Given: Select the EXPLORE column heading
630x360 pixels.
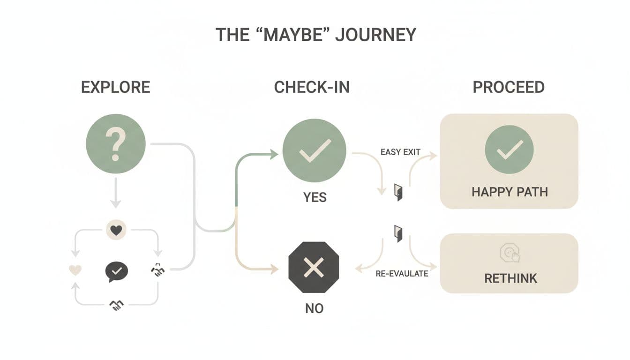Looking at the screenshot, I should [x=116, y=87].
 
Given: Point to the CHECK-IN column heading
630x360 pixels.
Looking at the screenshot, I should [x=312, y=87].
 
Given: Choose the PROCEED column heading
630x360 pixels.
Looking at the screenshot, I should [x=509, y=87].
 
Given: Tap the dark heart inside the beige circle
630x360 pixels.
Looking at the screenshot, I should [x=116, y=230].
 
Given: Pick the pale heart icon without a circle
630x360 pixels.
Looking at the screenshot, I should [x=75, y=270].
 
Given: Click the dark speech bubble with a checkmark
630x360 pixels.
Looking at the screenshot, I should [x=116, y=271].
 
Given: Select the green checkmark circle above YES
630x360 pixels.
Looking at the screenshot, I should [x=314, y=150].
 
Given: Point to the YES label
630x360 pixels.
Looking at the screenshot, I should [x=315, y=197].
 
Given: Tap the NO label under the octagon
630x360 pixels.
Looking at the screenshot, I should [x=314, y=309].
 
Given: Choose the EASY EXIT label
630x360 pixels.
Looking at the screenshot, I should [x=400, y=152].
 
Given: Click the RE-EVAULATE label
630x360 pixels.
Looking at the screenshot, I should [x=402, y=273].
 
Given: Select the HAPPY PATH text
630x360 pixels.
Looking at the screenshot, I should [x=510, y=192].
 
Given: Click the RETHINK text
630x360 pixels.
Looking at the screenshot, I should [x=510, y=278].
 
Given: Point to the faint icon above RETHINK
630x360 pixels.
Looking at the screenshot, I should [x=510, y=254].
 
